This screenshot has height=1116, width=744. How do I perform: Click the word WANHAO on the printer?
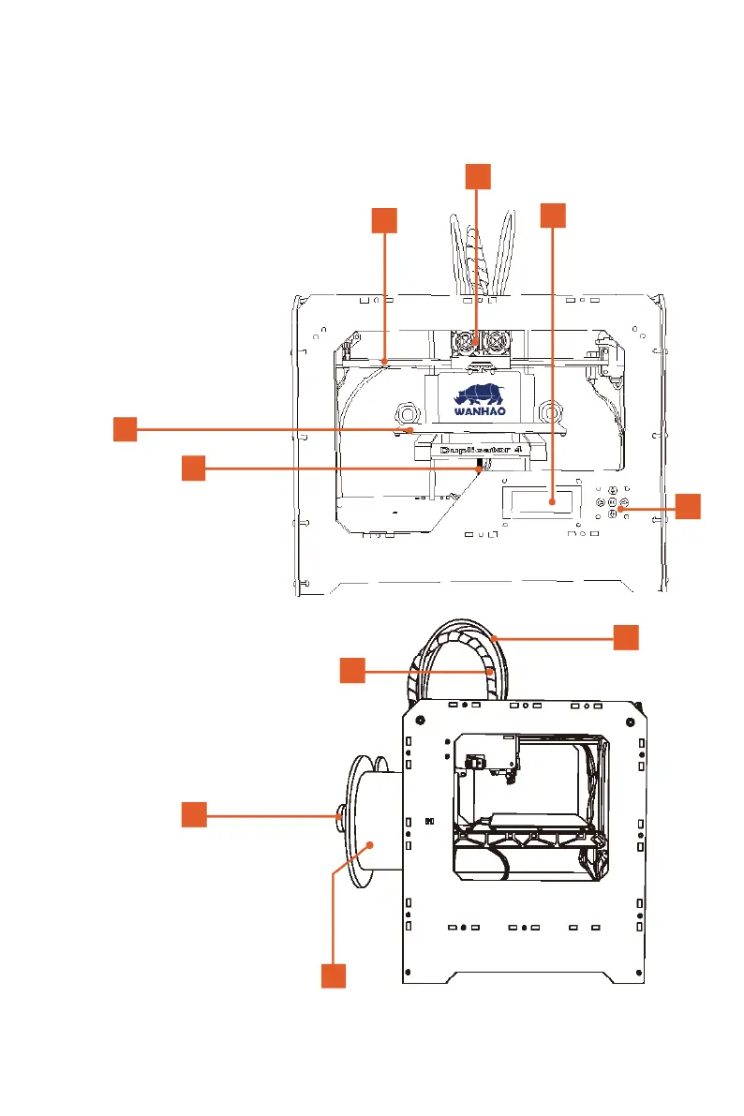(479, 409)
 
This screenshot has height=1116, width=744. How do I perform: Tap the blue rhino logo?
(479, 391)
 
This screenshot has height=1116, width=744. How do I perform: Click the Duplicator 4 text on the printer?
(478, 451)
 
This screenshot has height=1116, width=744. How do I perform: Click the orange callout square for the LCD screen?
(553, 215)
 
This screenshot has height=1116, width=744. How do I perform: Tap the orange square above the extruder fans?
(478, 175)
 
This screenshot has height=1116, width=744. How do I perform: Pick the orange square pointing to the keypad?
(688, 505)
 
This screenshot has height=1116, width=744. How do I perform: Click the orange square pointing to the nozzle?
(193, 468)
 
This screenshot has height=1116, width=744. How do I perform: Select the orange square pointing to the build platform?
(126, 429)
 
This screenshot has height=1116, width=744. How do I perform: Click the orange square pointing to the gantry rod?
(383, 220)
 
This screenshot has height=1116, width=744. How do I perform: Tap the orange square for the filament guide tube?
(627, 637)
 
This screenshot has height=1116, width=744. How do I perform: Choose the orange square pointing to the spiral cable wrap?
(351, 670)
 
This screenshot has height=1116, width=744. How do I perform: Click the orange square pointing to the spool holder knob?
(193, 814)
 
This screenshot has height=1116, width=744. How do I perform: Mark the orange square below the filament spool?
(334, 975)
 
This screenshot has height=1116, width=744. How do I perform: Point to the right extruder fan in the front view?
(495, 344)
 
